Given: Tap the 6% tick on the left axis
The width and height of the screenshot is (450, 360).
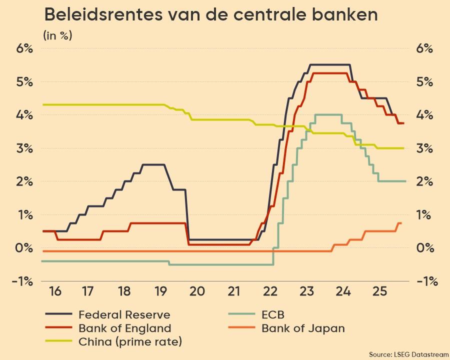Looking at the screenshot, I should tap(23, 48).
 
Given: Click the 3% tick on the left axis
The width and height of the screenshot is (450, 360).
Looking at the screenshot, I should tap(23, 148).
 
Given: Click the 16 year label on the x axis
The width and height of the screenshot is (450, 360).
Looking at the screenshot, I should tap(55, 291).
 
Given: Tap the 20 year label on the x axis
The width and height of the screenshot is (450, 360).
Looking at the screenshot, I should tap(196, 291).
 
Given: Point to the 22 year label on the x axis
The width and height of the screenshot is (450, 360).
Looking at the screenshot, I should tap(270, 291).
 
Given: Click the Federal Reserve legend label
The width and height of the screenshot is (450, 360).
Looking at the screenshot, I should tap(124, 315).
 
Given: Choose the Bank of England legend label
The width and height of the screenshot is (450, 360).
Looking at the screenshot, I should tap(124, 328).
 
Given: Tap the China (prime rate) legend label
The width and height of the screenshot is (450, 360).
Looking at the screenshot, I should tap(130, 342).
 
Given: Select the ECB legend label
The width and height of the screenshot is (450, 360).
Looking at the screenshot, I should tap(272, 315).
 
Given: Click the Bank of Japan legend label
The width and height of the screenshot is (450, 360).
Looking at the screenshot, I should tap(303, 328).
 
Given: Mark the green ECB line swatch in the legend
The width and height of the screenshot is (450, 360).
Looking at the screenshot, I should tap(237, 315).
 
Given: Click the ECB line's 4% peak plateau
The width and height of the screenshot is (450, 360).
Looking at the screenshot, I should tap(328, 114).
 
